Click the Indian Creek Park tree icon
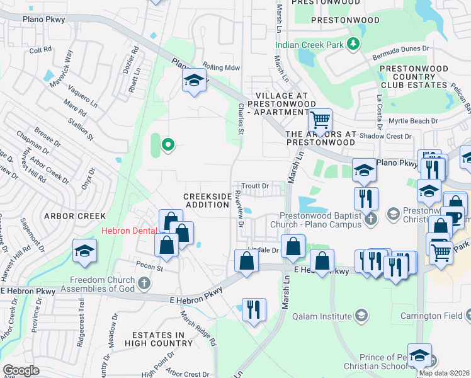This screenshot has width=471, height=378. (x=354, y=43)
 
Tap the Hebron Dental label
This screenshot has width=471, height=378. (x=129, y=231)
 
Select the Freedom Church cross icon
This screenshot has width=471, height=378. (x=144, y=282)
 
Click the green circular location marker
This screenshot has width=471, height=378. (x=167, y=146)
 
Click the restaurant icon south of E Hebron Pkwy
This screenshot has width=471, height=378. (x=254, y=309)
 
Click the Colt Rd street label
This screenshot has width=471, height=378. (x=40, y=50)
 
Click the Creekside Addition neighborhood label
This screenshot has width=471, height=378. (x=207, y=201)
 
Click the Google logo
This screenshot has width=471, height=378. (x=21, y=370)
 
